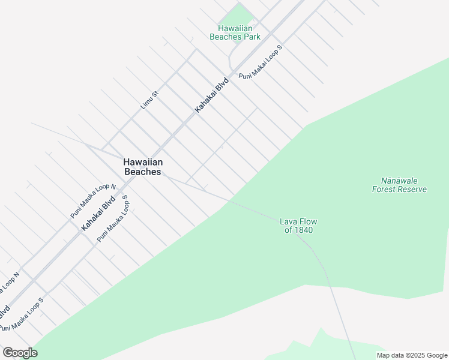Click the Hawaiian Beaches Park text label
pos(235,32)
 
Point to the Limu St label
pos(149,100)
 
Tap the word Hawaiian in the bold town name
pos(143,162)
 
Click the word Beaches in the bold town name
pos(143,172)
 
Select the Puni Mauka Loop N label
pos(92,201)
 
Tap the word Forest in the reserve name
pos(385,190)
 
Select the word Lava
pos(289,221)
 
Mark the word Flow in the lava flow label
pos(306,221)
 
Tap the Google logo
pos(20,353)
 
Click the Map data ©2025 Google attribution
pos(411,355)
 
